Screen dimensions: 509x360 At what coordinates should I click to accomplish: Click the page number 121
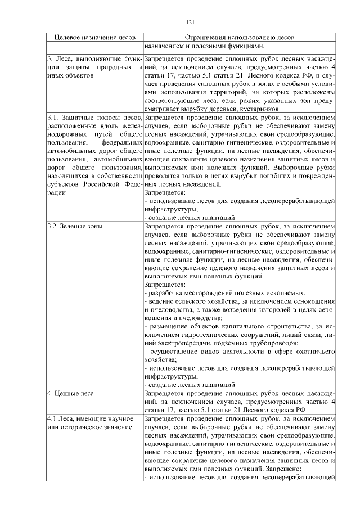(x=190, y=22)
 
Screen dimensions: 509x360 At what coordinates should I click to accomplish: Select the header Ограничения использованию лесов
(x=240, y=37)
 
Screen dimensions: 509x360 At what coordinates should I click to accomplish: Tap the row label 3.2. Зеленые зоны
(x=70, y=226)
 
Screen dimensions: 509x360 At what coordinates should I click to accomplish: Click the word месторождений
(x=213, y=293)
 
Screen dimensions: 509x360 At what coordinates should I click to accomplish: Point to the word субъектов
(x=62, y=183)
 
